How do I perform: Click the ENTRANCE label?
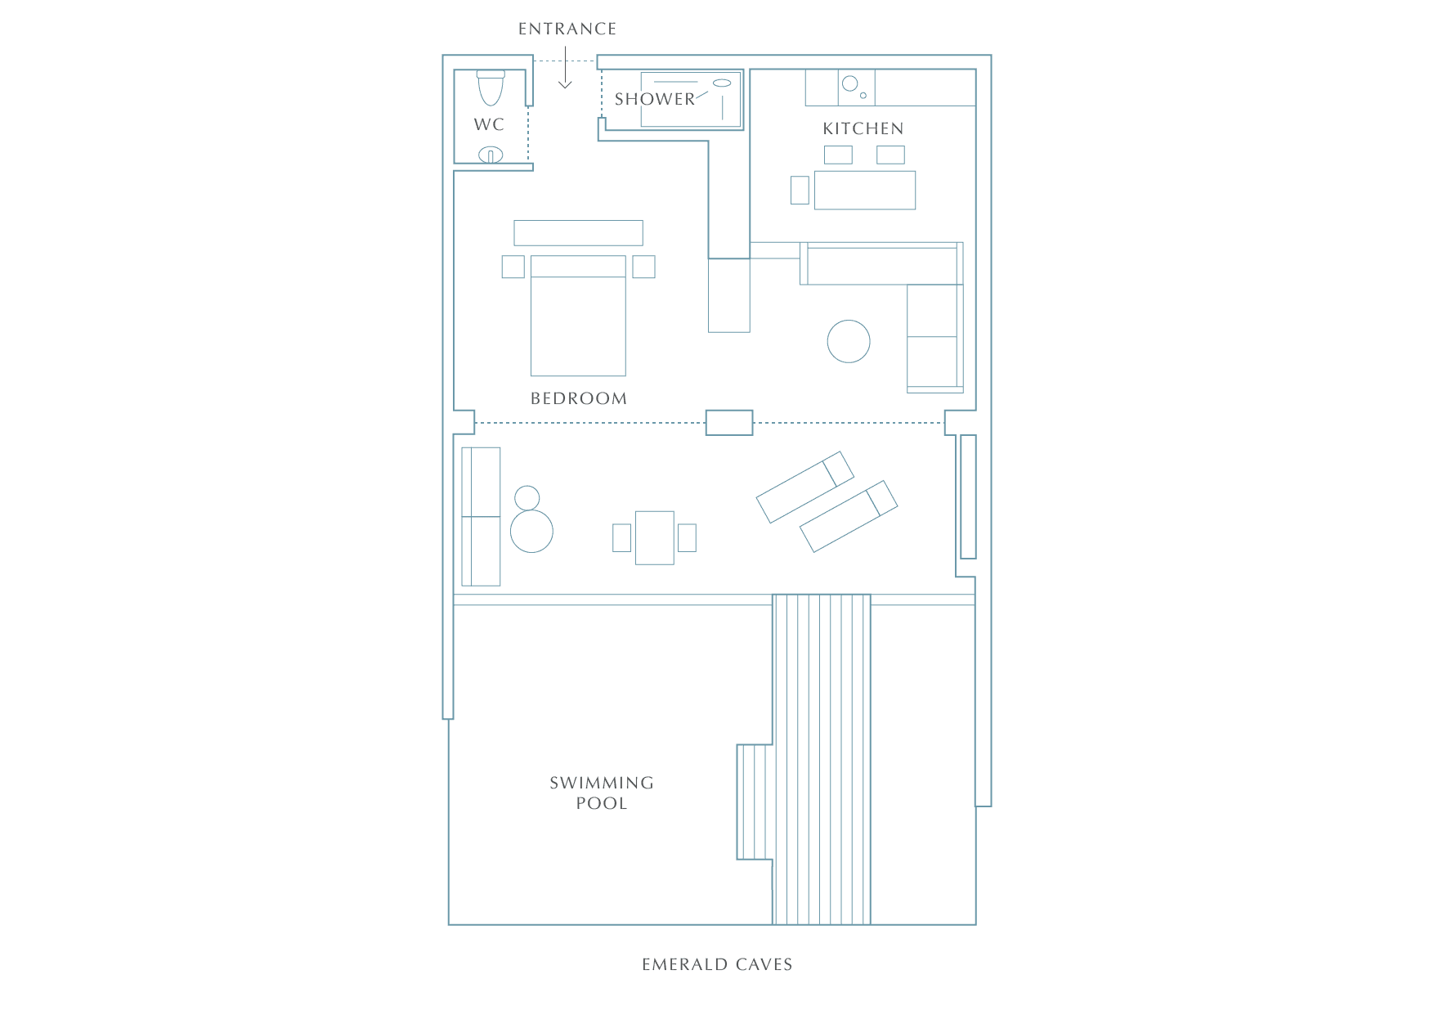pos(567,29)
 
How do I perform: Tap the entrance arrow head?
pos(565,84)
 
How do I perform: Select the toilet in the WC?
pos(491,88)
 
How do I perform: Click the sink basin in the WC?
pos(491,154)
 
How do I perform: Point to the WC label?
pos(489,124)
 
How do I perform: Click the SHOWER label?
pos(654,99)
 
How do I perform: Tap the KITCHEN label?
pos(863,128)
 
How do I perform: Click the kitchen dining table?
pos(865,190)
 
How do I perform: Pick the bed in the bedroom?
pos(578,316)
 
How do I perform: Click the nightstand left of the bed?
pos(513,267)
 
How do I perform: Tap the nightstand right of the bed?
pos(643,267)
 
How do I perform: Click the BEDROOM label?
pos(579,398)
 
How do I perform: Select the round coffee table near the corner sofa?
pos(849,341)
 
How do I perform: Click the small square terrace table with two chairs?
pos(655,537)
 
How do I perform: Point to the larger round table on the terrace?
pos(531,531)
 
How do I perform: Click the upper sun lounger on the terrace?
pos(805,487)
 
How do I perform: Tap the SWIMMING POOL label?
pos(602,793)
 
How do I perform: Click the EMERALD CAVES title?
pos(717,964)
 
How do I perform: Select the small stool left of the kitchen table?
pos(800,190)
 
